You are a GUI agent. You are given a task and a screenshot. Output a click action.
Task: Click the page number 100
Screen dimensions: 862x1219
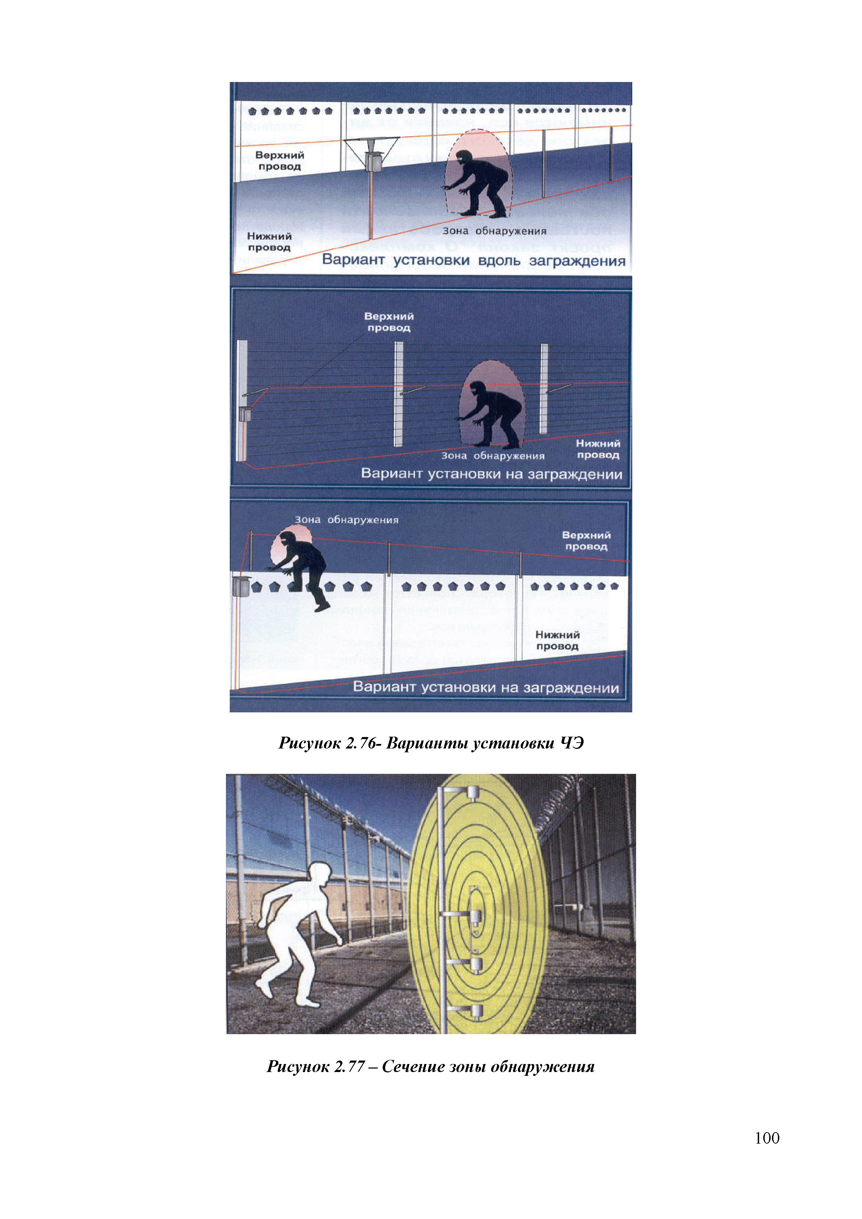pyautogui.click(x=766, y=1138)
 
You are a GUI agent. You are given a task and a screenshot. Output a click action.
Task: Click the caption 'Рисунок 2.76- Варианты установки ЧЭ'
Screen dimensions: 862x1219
pyautogui.click(x=431, y=743)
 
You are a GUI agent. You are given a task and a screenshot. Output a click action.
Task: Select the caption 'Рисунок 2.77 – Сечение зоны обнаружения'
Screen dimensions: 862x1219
pyautogui.click(x=431, y=1066)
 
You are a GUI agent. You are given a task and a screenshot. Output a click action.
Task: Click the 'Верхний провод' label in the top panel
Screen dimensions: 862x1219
pyautogui.click(x=279, y=160)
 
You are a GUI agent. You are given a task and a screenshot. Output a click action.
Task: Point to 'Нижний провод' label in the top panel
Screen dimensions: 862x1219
pyautogui.click(x=269, y=242)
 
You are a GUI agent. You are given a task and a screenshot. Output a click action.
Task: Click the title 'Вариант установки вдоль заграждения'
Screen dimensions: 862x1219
pyautogui.click(x=474, y=260)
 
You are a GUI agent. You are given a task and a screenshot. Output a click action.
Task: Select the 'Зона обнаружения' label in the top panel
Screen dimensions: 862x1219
pyautogui.click(x=495, y=231)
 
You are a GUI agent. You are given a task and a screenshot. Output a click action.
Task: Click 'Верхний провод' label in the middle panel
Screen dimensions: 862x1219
pyautogui.click(x=389, y=322)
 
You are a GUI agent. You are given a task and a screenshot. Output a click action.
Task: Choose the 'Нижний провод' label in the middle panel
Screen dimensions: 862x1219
pyautogui.click(x=598, y=449)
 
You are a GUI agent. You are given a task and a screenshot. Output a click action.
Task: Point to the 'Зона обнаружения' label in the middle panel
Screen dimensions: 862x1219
pyautogui.click(x=493, y=456)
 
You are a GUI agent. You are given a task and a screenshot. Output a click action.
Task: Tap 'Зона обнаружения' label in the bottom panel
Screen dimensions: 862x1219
pyautogui.click(x=346, y=520)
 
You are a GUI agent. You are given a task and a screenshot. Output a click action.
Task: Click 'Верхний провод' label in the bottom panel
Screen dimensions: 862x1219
pyautogui.click(x=586, y=540)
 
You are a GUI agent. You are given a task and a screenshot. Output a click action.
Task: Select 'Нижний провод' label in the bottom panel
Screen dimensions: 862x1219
pyautogui.click(x=557, y=640)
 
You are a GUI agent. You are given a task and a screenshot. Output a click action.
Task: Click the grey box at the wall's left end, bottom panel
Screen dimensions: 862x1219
pyautogui.click(x=241, y=586)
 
